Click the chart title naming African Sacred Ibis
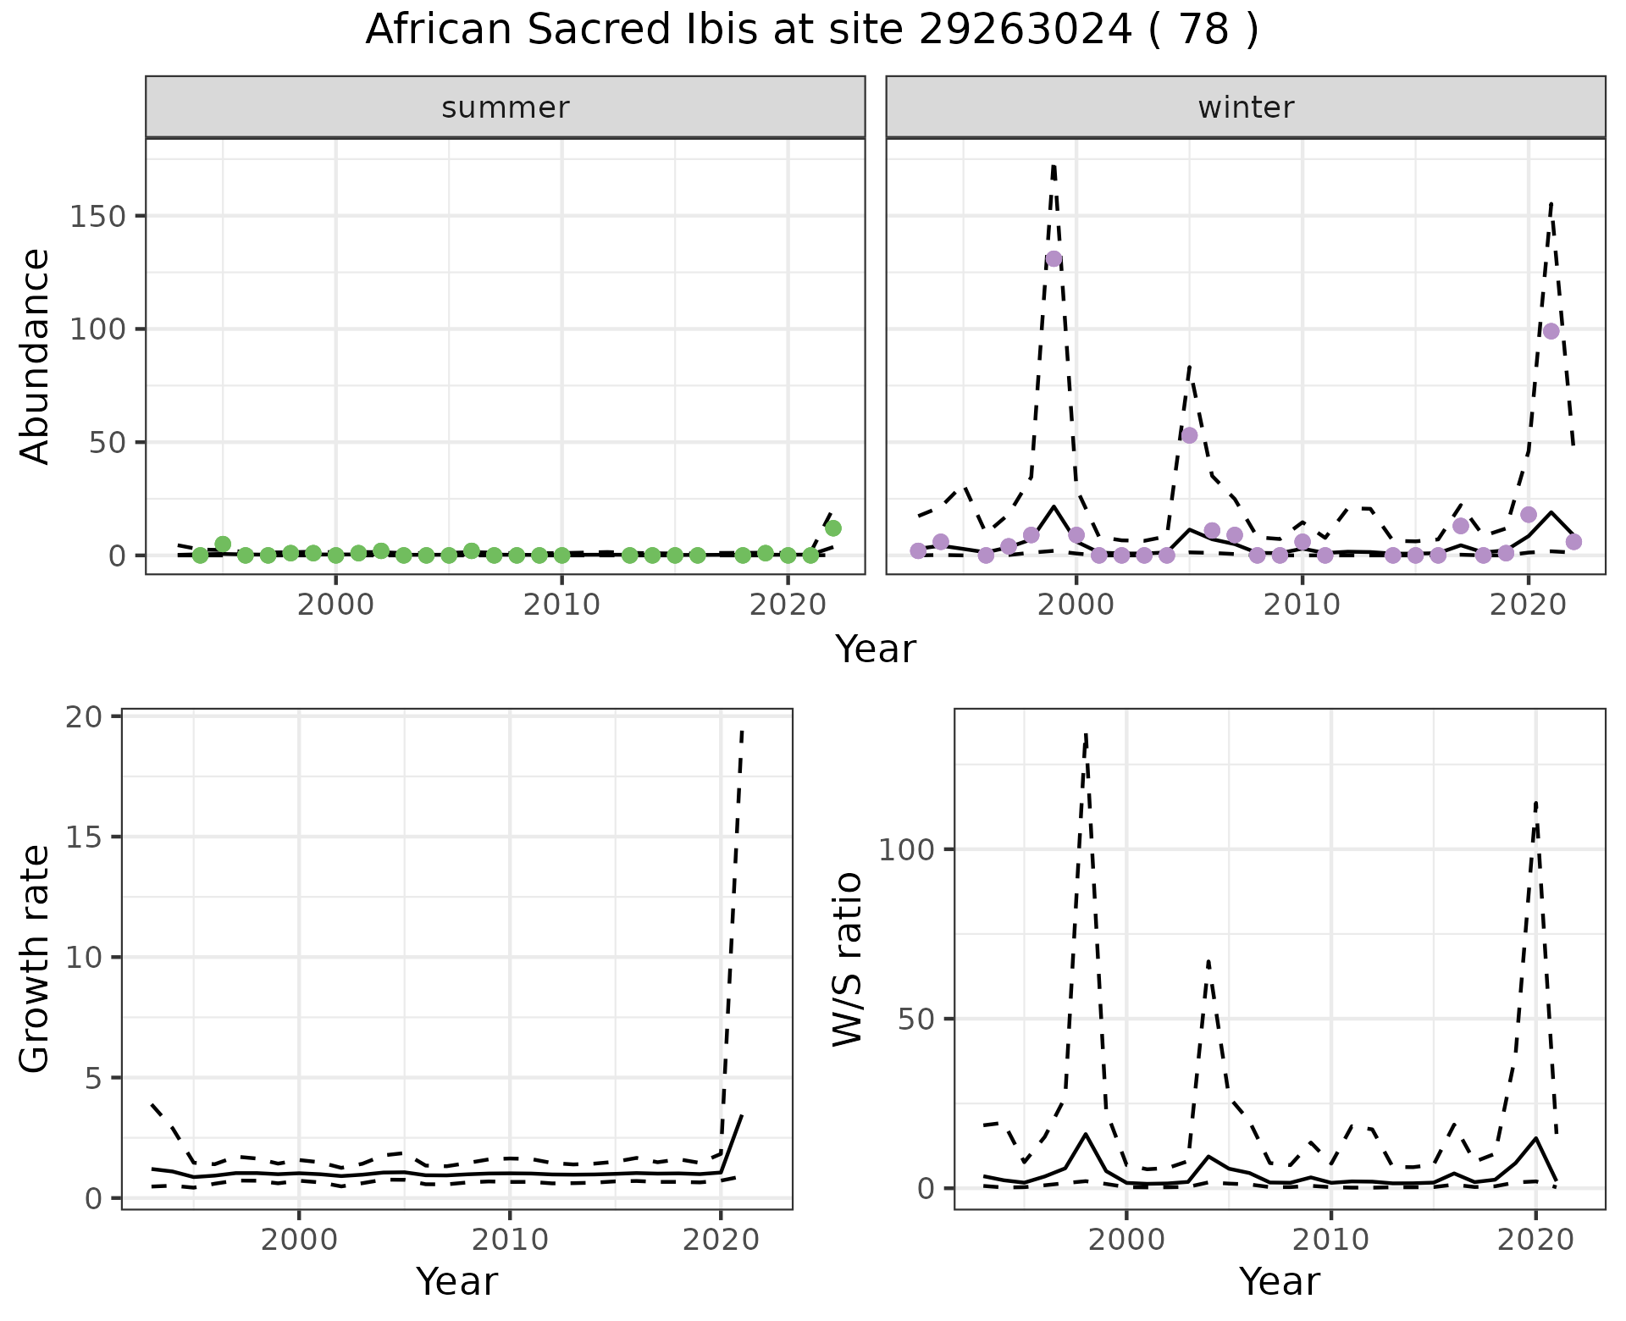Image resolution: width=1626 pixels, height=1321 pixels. (x=811, y=30)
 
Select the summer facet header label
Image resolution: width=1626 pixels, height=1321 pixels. (x=506, y=108)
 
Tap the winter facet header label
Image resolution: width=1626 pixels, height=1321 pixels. (x=1246, y=108)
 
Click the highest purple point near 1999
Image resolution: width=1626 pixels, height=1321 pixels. (x=1054, y=259)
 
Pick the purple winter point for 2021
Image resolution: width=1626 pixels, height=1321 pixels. (x=1551, y=331)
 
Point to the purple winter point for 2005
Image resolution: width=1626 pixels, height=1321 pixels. (x=1189, y=435)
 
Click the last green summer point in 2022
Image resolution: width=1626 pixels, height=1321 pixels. (x=832, y=528)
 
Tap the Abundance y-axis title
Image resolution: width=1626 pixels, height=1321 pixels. (x=36, y=356)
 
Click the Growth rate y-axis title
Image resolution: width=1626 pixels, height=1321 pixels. (x=36, y=959)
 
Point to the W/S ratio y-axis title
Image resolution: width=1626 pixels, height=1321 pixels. (x=847, y=959)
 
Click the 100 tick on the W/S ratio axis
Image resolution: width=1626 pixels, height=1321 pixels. (x=905, y=849)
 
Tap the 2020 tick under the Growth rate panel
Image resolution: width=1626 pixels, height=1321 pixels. (x=720, y=1240)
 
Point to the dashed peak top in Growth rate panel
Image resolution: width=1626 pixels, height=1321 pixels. (x=742, y=730)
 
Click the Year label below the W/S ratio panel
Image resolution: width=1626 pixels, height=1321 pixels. (x=1279, y=1282)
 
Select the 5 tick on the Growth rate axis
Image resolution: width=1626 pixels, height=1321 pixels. (x=92, y=1078)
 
